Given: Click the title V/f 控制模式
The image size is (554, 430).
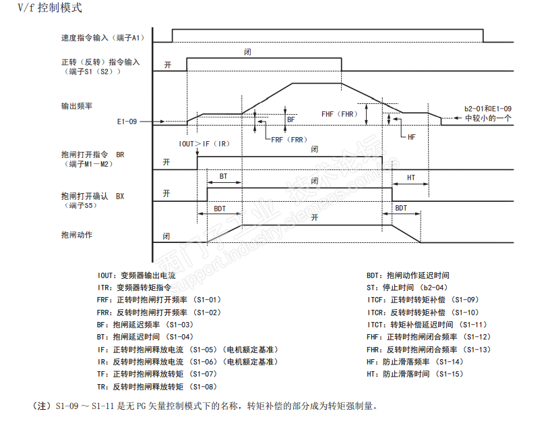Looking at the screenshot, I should point(40,9).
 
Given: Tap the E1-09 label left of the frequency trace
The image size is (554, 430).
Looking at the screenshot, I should point(127,122).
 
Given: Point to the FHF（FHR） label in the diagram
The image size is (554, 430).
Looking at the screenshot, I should point(338,114).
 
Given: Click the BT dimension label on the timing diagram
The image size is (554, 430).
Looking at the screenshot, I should point(224,176).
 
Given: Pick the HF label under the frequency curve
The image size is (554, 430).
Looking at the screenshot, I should point(412,136).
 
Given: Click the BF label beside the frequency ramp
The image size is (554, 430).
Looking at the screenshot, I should point(292,119).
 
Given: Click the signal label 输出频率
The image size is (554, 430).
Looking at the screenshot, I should point(76,106).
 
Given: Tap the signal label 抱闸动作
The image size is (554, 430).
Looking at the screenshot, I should point(76,235).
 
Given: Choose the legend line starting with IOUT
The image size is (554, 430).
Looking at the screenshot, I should point(136,275).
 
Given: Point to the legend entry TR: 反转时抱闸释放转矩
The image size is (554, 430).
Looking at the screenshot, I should point(156,386).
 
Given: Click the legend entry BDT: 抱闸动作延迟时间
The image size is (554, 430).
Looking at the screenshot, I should point(408,275).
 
